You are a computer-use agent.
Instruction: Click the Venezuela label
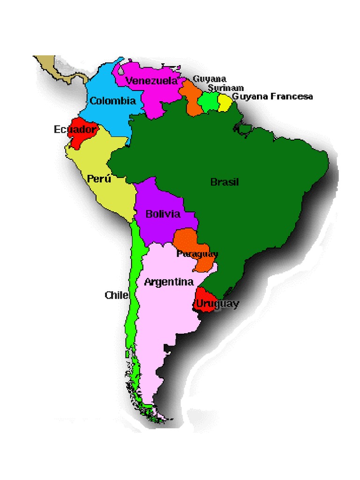point(151,81)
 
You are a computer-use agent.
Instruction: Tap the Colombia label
point(112,101)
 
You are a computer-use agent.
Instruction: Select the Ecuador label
point(75,129)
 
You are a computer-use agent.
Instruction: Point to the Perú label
point(99,179)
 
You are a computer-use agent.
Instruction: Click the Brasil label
point(225,182)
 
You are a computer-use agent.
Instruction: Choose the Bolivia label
point(163,214)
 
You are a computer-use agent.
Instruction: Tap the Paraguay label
point(197,254)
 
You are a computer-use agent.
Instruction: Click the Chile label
point(116,295)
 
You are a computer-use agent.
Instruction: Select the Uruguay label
point(217,304)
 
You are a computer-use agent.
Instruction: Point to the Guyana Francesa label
point(272,97)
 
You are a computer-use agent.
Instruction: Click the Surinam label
point(226,88)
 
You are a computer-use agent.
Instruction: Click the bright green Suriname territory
point(209,102)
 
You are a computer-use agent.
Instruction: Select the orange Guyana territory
point(192,101)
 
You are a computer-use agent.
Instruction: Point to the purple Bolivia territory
point(155,197)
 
